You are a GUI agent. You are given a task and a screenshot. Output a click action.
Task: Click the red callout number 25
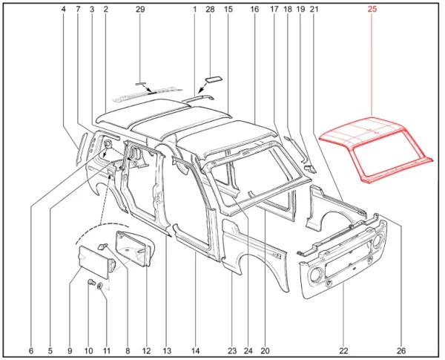pyautogui.click(x=372, y=10)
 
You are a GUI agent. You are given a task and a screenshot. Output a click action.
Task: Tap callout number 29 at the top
pyautogui.click(x=140, y=10)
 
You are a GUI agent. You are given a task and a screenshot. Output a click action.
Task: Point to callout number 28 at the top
pyautogui.click(x=210, y=10)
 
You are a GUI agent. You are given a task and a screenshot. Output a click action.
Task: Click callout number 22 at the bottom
pyautogui.click(x=343, y=351)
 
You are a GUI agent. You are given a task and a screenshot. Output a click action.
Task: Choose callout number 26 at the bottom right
pyautogui.click(x=401, y=351)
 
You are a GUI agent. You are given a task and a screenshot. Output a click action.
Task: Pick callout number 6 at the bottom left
pyautogui.click(x=31, y=351)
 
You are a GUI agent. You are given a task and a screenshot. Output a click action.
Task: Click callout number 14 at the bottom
pyautogui.click(x=195, y=351)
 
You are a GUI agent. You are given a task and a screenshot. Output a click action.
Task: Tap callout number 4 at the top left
pyautogui.click(x=63, y=10)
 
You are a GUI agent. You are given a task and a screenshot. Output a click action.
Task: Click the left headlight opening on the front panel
pyautogui.click(x=315, y=275)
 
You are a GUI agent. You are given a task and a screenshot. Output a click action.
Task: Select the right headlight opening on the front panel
pyautogui.click(x=377, y=241)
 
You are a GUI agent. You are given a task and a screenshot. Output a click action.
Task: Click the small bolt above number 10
pyautogui.click(x=90, y=282)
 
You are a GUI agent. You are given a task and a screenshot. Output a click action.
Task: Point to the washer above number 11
pyautogui.click(x=100, y=286)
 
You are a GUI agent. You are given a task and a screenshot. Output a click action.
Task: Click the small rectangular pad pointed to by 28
pyautogui.click(x=214, y=79)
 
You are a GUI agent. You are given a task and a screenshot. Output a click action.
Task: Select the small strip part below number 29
pyautogui.click(x=140, y=84)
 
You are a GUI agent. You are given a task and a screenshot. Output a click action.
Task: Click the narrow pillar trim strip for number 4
pyautogui.click(x=80, y=148)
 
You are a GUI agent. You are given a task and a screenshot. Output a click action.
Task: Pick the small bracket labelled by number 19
pyautogui.click(x=310, y=169)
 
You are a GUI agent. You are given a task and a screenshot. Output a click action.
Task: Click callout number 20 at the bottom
pyautogui.click(x=265, y=351)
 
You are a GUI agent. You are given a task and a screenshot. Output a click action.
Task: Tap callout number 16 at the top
pyautogui.click(x=254, y=10)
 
